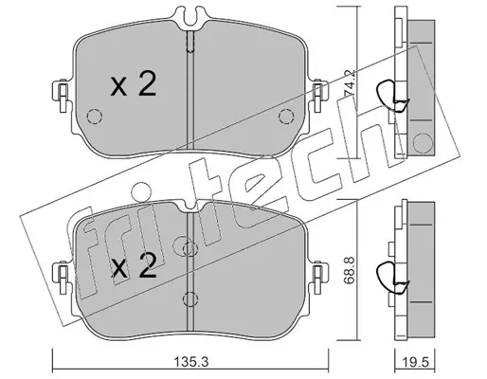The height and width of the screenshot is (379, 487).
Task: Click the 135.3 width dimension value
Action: point(191,362)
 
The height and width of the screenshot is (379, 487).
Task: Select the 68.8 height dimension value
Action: point(350,270)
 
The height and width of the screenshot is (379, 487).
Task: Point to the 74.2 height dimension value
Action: point(350,82)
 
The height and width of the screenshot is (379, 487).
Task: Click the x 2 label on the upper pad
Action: point(134,83)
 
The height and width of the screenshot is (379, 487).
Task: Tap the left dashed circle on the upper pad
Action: point(94,117)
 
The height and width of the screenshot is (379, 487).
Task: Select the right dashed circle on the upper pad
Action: point(286,117)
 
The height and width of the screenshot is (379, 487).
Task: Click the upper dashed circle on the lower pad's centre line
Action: point(190,249)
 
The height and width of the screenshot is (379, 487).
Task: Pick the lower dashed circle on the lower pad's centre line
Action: point(190,299)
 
